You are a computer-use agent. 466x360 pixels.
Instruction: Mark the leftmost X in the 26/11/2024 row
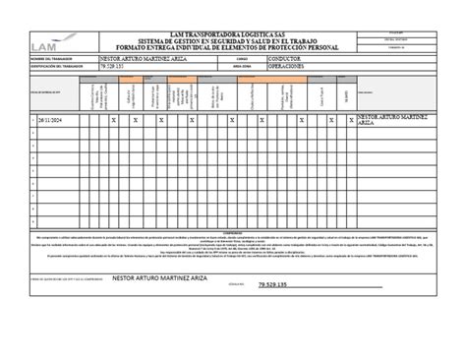pos(113,120)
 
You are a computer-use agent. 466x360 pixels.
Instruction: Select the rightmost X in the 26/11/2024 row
pos(332,120)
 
